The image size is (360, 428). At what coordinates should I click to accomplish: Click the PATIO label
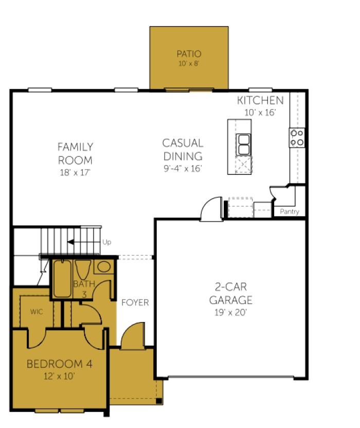[189, 54]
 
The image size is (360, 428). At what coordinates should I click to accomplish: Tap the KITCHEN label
[260, 100]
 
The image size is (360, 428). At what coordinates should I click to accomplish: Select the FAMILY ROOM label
[75, 153]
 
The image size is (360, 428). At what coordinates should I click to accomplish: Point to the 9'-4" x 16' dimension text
[183, 168]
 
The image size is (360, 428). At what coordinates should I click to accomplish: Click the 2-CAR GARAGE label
[230, 293]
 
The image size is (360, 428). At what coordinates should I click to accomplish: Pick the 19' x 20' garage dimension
[230, 312]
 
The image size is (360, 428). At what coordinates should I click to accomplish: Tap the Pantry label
[290, 211]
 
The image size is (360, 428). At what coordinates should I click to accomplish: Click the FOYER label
[135, 302]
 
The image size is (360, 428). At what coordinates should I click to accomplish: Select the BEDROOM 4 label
[60, 364]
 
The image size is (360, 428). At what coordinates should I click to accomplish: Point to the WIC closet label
[37, 312]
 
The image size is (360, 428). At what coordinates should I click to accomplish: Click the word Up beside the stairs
[107, 242]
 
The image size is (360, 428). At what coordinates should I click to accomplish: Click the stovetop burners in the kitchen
[297, 137]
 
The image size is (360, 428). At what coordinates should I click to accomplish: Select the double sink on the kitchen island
[244, 145]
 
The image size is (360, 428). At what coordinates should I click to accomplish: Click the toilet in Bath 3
[83, 270]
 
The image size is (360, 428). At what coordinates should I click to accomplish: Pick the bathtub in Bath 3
[62, 278]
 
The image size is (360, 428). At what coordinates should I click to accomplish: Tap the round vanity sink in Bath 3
[104, 266]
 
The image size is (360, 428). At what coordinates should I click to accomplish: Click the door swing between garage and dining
[211, 209]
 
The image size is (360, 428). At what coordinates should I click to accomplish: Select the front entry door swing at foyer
[133, 335]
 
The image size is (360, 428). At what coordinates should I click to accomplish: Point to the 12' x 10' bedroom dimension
[59, 377]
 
